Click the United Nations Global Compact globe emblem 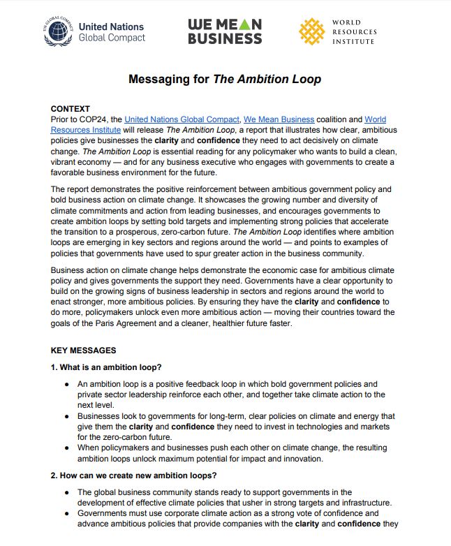pyautogui.click(x=58, y=31)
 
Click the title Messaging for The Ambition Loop pyautogui.click(x=225, y=79)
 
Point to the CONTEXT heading pyautogui.click(x=71, y=109)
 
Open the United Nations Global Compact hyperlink pyautogui.click(x=182, y=120)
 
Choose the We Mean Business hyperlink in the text pyautogui.click(x=279, y=120)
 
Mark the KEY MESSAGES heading pyautogui.click(x=84, y=351)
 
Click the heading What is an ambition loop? pyautogui.click(x=106, y=368)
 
